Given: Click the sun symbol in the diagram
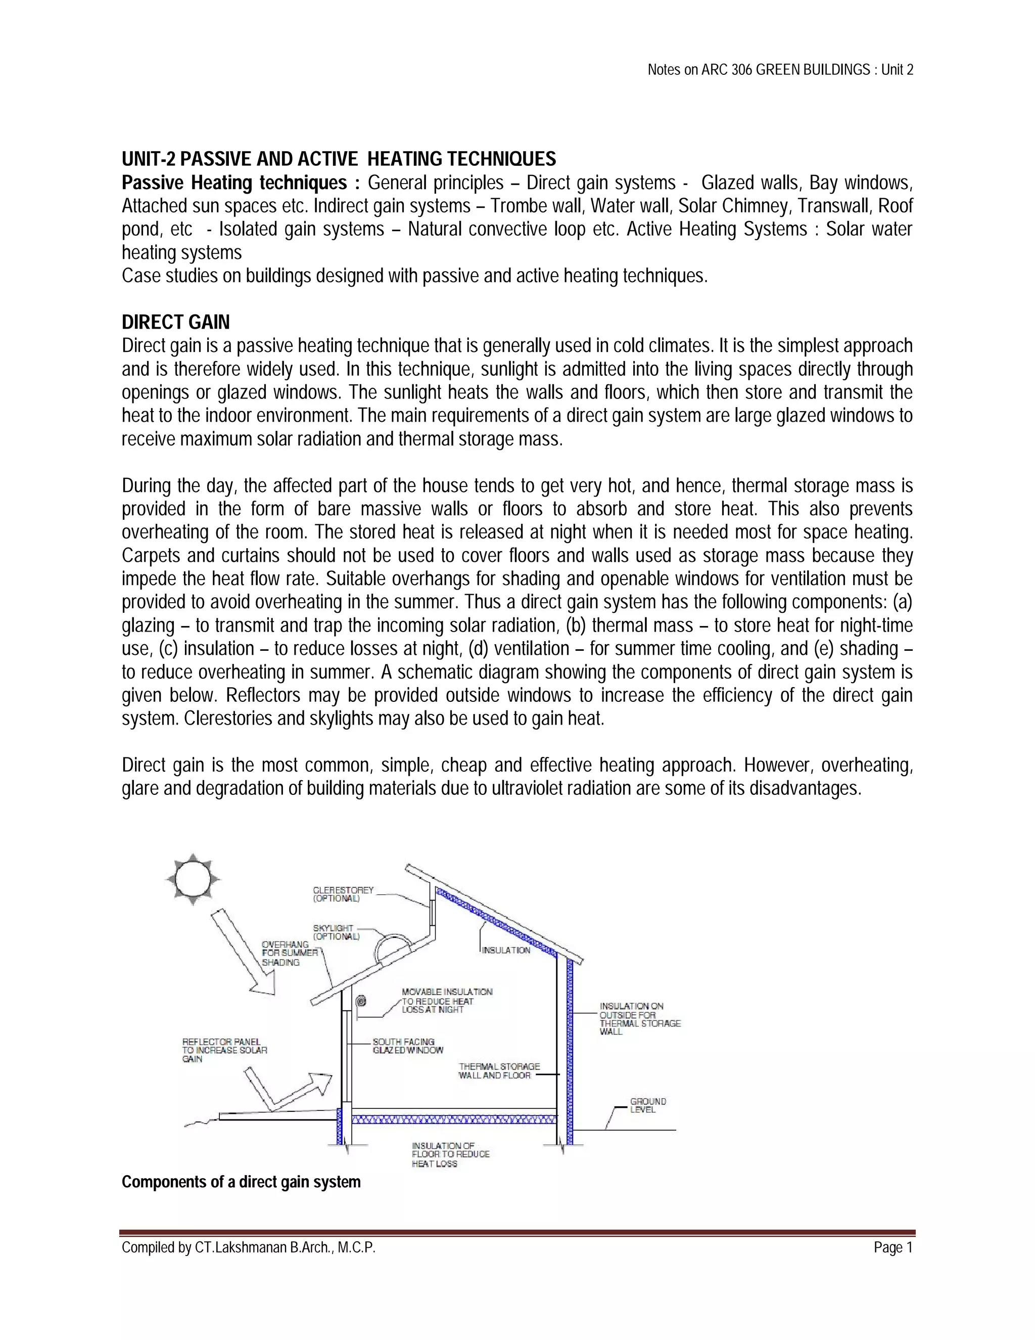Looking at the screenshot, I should click(193, 879).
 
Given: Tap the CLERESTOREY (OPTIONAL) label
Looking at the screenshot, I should click(343, 894).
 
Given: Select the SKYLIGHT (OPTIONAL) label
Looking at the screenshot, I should click(336, 932).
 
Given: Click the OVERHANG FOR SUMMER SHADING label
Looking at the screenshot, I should click(290, 953).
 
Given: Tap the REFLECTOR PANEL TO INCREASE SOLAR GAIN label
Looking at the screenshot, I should click(224, 1050).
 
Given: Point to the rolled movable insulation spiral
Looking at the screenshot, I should click(362, 1001).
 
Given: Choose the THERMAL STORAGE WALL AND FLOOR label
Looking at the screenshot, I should click(499, 1070).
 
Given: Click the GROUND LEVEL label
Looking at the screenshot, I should click(647, 1105).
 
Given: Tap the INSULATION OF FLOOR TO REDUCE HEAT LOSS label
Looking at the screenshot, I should click(450, 1154).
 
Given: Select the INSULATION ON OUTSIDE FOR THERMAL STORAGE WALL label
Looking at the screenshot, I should click(639, 1018).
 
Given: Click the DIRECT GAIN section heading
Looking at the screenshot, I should click(175, 322).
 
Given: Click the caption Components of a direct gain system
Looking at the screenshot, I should click(241, 1182).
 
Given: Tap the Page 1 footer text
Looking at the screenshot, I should click(893, 1247).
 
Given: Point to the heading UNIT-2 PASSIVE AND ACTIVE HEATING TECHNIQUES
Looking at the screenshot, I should click(339, 159).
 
